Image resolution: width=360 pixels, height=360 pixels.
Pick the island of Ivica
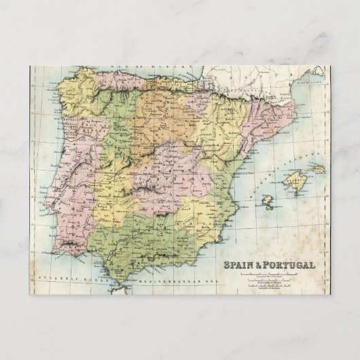tap(269, 202)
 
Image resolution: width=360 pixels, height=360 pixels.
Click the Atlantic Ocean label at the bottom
tap(65, 279)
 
